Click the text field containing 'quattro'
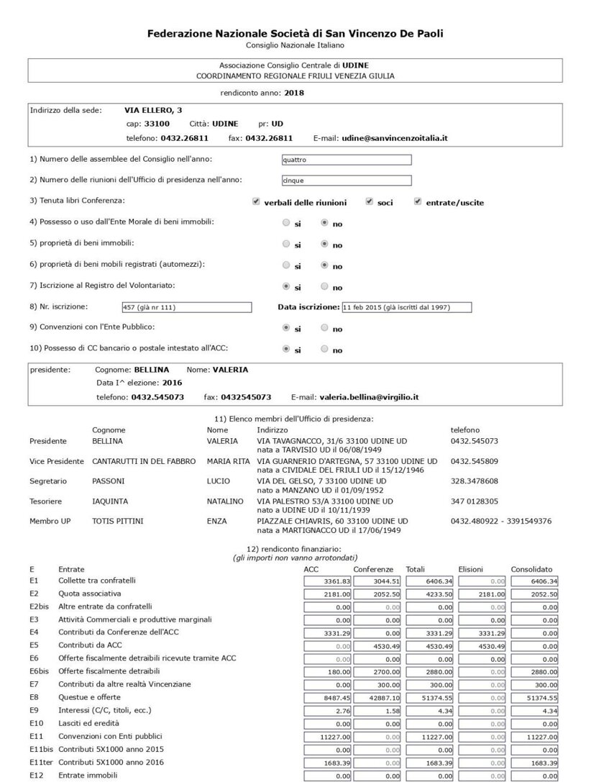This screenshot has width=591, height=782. click(347, 160)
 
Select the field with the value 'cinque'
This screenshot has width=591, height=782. click(347, 181)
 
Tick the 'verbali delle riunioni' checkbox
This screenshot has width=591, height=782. click(256, 202)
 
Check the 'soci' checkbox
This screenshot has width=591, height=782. click(369, 202)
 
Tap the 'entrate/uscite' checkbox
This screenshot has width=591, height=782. click(417, 202)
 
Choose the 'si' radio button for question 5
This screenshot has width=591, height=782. click(286, 245)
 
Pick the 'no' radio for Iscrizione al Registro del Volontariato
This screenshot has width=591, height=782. click(324, 286)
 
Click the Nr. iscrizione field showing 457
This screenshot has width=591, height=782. click(186, 307)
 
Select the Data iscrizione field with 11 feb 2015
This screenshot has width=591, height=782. click(406, 307)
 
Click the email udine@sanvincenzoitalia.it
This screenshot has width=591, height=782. click(395, 137)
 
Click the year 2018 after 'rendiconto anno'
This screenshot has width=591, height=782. click(295, 93)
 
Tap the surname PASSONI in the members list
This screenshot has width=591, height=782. click(109, 481)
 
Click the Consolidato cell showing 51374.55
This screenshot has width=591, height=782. click(535, 697)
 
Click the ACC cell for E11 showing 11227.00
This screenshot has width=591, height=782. click(328, 737)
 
